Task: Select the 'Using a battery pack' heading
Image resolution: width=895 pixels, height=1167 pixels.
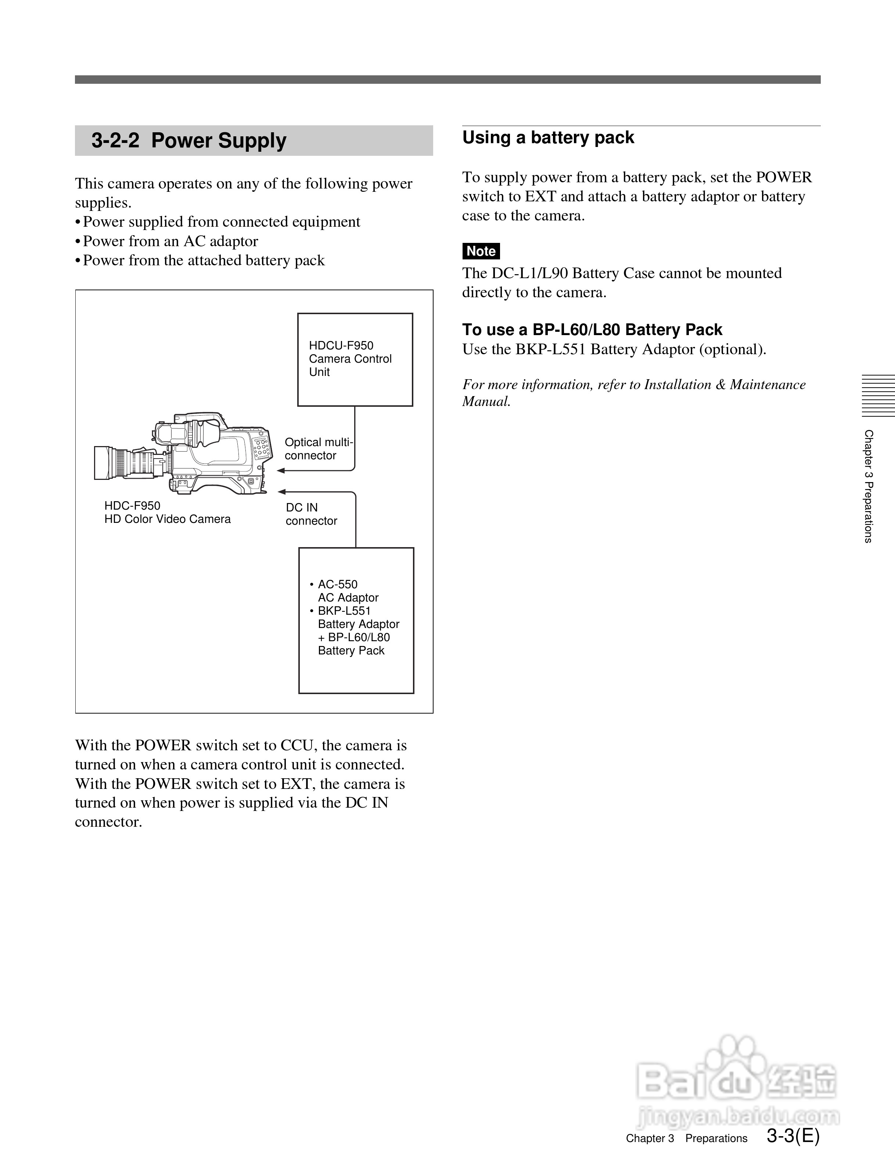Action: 548,137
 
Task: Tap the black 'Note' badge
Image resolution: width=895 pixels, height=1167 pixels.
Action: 481,251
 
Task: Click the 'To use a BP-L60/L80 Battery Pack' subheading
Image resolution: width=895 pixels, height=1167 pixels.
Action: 592,330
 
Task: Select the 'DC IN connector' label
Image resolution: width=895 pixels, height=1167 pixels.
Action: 311,514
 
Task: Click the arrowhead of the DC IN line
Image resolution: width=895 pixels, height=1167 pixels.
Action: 282,492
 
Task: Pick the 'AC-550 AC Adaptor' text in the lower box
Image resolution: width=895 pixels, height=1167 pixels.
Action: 347,591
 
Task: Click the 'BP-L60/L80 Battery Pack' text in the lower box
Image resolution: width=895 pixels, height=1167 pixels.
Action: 354,644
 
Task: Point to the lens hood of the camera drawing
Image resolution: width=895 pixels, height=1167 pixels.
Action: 102,463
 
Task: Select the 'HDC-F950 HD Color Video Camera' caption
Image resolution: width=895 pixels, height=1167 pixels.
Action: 167,512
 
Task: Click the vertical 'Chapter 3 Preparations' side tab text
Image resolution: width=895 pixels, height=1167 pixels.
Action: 869,486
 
